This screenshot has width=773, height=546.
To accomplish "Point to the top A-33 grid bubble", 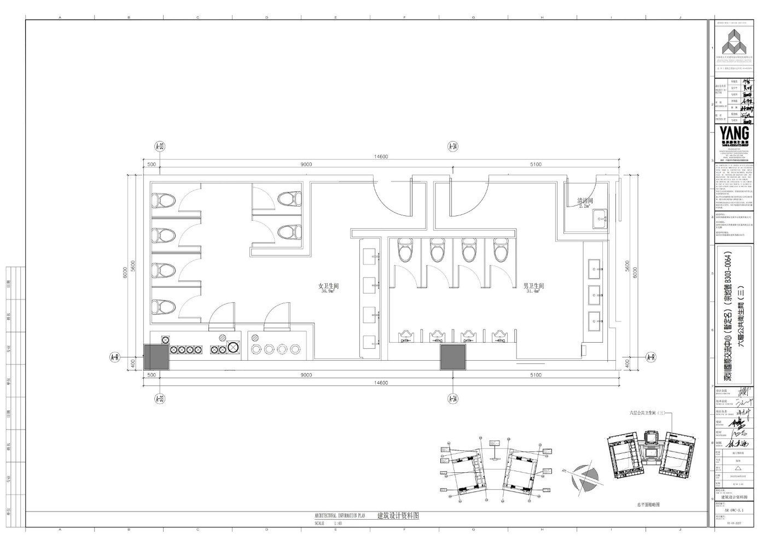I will [160, 146].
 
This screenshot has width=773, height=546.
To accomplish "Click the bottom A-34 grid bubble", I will [452, 398].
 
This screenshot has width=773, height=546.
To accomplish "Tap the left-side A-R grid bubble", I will [115, 357].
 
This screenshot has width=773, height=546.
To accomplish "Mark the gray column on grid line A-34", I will [453, 356].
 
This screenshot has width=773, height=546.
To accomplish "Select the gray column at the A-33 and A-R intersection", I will [156, 356].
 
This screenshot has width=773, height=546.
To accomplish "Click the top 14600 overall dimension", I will [381, 157].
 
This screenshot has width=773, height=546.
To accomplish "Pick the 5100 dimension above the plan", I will [535, 165].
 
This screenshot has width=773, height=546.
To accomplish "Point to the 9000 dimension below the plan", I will [306, 375].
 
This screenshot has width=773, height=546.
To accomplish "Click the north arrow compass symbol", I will [581, 480].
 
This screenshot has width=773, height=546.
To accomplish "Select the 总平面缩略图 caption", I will [649, 504].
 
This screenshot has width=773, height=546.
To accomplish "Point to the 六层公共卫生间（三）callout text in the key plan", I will [646, 413].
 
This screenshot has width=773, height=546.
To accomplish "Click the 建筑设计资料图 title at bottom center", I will [398, 515].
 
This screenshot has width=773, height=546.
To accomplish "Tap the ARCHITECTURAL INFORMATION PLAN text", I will [340, 515].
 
